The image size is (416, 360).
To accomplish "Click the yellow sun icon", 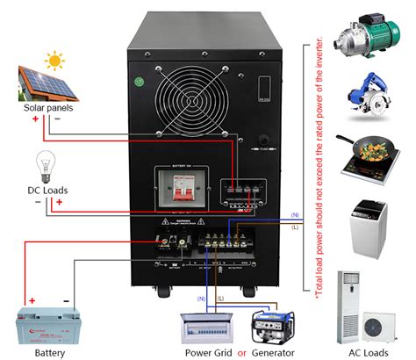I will (55, 62).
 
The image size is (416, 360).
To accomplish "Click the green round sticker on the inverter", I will (138, 84).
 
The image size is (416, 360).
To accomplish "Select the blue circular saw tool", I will (367, 91).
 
